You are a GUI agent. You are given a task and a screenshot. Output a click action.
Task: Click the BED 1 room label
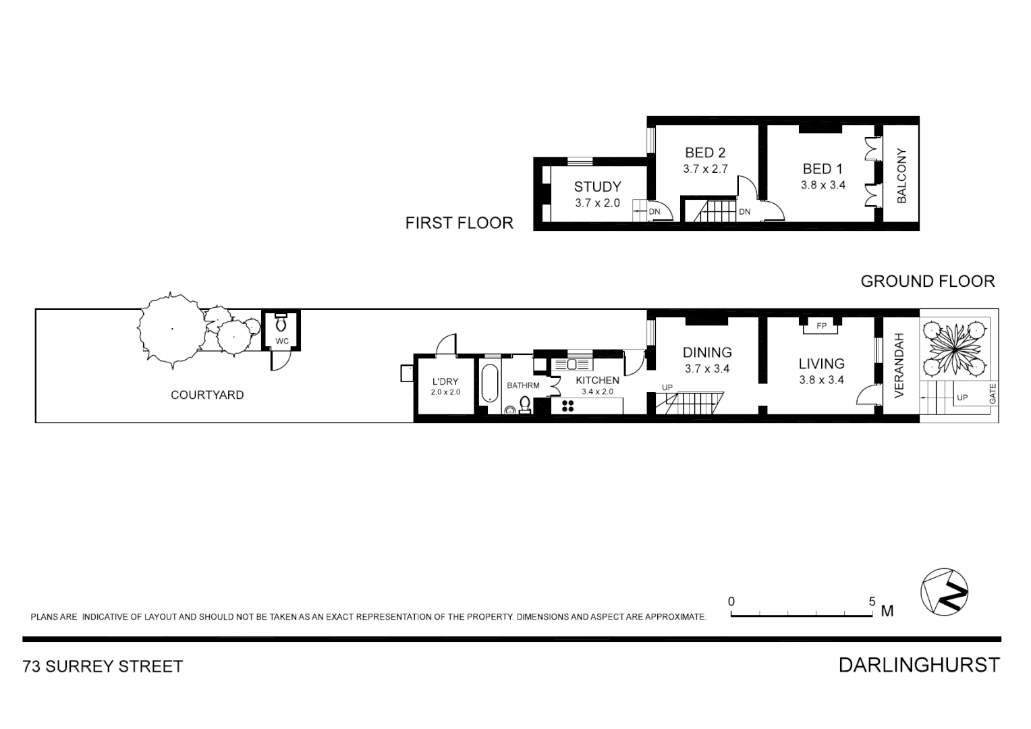coord(823,169)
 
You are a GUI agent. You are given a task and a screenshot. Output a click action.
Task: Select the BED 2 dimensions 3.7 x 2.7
coord(705,169)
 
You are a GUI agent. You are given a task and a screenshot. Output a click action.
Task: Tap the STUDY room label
coord(597,187)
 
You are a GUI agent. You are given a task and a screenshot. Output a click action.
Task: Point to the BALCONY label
coord(901,176)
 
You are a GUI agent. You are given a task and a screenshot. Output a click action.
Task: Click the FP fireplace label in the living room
coord(821,326)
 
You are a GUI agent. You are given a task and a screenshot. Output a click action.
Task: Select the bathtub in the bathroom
coord(489,384)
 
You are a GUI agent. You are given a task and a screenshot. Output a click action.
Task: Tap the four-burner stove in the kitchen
coord(567,406)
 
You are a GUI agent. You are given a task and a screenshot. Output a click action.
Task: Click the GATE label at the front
coord(993,394)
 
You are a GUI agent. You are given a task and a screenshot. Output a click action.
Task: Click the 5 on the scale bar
coord(872,601)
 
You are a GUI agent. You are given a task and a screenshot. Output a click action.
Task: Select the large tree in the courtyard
coord(170,330)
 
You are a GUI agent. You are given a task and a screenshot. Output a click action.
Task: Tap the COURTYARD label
coord(207,395)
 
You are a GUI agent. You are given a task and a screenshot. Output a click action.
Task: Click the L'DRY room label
coord(445,381)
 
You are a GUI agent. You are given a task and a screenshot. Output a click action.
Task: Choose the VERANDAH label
coord(899,365)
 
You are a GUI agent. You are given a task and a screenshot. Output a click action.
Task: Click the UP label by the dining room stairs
coord(667,387)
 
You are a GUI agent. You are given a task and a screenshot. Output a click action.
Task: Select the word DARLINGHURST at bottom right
coord(919,665)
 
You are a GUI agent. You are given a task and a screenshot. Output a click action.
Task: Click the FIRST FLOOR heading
coord(459,223)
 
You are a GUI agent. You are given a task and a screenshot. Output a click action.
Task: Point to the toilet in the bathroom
coord(524,405)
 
